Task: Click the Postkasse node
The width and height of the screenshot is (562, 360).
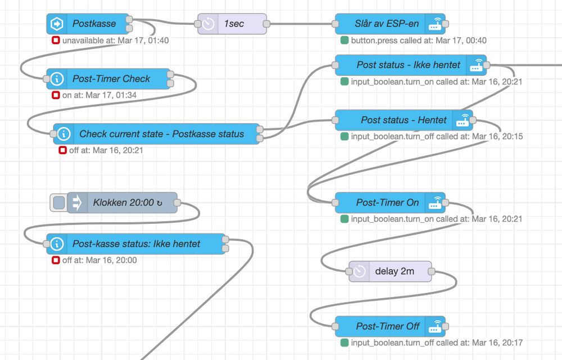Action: point(94,24)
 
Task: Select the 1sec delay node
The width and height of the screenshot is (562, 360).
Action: point(233,24)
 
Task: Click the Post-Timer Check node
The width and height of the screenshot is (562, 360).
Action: point(111,79)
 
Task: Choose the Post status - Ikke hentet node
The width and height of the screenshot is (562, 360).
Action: point(408,65)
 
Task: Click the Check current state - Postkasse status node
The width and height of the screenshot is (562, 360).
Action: point(161,134)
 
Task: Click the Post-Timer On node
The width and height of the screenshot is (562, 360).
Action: point(387,202)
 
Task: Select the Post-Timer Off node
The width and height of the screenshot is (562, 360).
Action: point(387,326)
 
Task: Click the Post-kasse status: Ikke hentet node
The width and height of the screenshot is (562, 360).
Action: point(136,244)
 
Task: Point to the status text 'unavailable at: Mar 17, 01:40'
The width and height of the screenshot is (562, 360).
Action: point(115,40)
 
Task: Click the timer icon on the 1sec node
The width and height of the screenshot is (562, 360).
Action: point(209,24)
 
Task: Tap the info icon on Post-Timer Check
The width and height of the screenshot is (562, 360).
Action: point(57,79)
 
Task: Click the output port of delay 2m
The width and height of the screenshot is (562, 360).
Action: point(431,271)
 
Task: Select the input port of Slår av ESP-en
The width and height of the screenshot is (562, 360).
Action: point(335,24)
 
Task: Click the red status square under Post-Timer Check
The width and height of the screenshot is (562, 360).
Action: point(56,95)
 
